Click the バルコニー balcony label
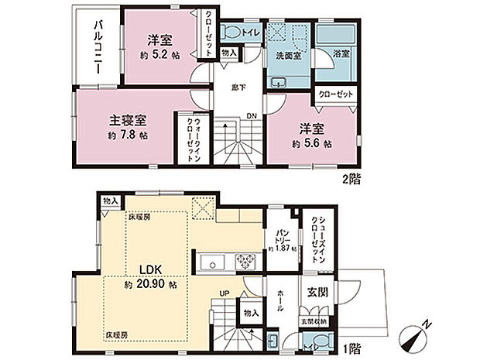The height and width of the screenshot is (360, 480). click(x=100, y=48)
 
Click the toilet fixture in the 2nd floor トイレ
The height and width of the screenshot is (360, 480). click(x=231, y=33)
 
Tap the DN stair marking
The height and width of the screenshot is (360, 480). click(x=252, y=117)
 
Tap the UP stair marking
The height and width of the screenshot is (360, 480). click(x=225, y=294)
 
